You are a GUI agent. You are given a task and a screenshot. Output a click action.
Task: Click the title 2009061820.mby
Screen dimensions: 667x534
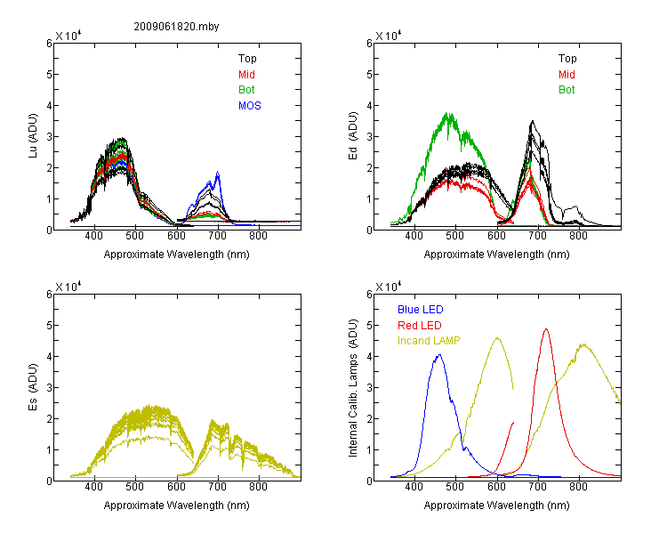click(176, 27)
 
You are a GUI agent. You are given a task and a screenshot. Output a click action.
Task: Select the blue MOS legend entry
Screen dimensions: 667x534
click(250, 106)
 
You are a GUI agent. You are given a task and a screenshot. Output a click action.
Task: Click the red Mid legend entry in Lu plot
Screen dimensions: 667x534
click(246, 75)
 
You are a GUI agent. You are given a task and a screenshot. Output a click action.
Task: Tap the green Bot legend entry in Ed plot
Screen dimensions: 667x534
click(567, 90)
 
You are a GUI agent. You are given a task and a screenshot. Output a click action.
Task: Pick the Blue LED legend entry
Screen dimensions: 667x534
click(421, 310)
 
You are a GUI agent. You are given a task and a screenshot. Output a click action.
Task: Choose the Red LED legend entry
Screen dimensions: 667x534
click(420, 326)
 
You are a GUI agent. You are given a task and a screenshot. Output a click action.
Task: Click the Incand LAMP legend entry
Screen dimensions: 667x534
click(429, 341)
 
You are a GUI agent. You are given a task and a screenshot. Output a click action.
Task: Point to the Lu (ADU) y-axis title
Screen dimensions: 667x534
click(33, 136)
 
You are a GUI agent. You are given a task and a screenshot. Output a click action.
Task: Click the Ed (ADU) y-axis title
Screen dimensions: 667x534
click(353, 136)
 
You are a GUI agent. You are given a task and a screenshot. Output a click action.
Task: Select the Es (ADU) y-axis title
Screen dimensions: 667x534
click(33, 386)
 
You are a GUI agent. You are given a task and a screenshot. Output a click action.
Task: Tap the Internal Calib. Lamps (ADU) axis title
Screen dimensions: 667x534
click(353, 388)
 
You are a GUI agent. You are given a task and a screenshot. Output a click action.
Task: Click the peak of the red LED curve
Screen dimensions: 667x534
click(546, 328)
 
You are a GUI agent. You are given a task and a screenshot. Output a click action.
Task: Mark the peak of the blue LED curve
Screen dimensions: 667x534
click(439, 355)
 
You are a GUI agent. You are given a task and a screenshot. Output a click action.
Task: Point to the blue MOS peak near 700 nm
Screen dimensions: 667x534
click(218, 172)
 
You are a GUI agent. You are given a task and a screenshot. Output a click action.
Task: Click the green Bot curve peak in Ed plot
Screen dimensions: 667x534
click(447, 113)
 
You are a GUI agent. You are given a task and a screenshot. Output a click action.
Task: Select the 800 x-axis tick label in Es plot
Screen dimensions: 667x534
click(258, 487)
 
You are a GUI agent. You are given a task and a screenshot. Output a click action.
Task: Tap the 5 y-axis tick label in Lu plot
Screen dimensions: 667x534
click(49, 75)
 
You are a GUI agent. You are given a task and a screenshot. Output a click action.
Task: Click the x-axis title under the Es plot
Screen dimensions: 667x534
click(177, 506)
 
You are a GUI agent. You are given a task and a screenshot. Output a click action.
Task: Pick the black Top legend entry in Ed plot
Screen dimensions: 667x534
click(567, 59)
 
